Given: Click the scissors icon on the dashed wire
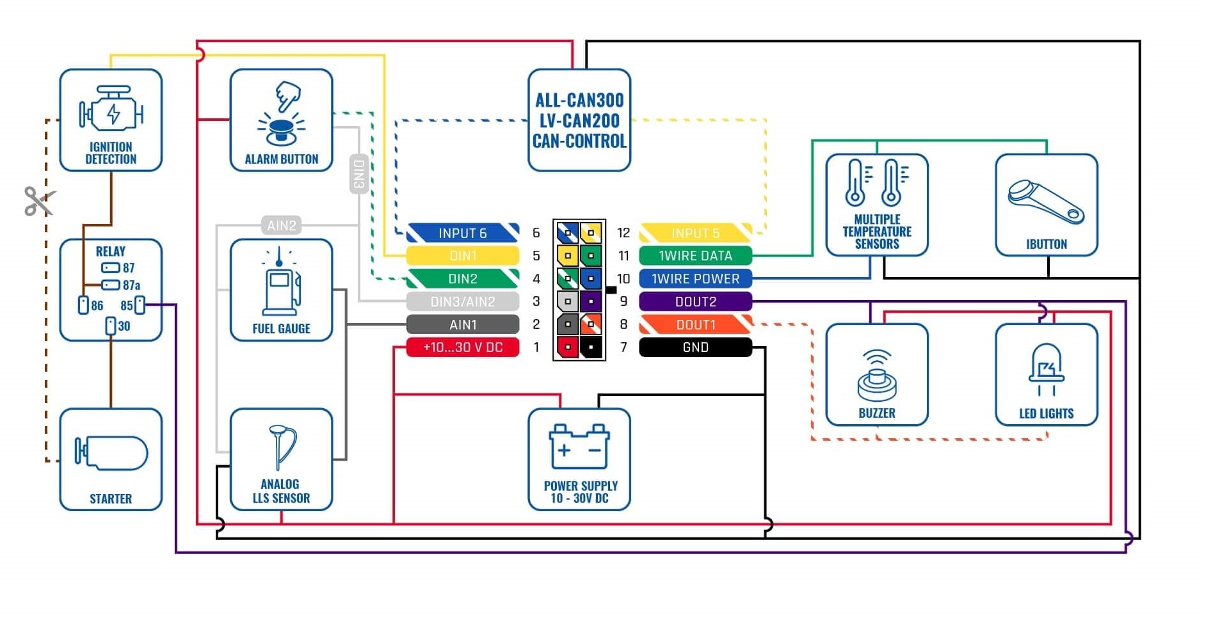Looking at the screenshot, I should coord(39,201).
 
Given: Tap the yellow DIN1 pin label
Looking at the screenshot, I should coord(463,256).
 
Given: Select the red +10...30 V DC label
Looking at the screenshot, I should coord(463,347).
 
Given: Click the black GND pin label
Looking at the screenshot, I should coord(695,347).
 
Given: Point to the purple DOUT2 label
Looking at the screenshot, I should coord(695,301).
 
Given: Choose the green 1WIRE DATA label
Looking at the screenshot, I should coord(695,256).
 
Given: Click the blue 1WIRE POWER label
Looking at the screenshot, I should coord(695,279).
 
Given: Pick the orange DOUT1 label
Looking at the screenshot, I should coord(695,324).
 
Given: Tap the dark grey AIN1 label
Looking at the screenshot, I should coord(463,324).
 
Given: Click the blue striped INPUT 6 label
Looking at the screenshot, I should coord(463,233).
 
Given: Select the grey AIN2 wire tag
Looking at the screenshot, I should coord(282,225).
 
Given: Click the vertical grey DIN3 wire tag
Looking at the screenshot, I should coord(359,173).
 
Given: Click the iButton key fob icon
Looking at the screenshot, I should coord(1046,202).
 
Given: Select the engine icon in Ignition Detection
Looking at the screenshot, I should coord(111,112).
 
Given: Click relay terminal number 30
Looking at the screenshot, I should coord(111,326).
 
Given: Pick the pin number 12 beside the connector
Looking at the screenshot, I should coord(623,233).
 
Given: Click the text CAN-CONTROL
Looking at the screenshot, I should coord(579,141).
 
